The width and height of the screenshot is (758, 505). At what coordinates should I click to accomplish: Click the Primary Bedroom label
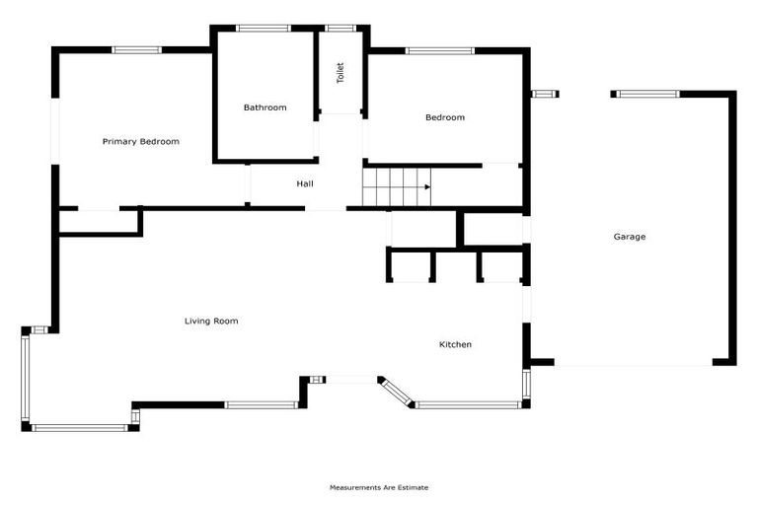point(141,142)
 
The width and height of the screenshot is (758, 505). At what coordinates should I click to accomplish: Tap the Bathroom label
point(265,108)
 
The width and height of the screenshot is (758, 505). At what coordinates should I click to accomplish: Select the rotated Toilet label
point(341,72)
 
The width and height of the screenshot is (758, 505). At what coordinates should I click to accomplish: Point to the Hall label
point(305,183)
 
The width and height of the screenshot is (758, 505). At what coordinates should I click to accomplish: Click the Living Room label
point(211,321)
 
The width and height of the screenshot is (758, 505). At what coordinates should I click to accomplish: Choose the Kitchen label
point(455,344)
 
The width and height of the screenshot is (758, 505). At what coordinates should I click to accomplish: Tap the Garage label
point(630,237)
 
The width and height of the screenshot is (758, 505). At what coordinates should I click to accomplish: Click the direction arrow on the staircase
point(427,186)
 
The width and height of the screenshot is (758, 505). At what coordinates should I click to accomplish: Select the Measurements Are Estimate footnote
point(379,487)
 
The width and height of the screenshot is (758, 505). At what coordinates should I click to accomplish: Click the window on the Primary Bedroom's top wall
point(136,49)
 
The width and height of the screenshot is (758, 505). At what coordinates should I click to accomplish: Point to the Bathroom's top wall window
point(264,28)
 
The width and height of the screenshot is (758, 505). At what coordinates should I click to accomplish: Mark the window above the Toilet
point(341,28)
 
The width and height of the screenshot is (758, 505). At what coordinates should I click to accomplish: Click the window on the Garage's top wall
point(645,94)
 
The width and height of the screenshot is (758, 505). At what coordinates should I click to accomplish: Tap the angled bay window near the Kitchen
point(395,392)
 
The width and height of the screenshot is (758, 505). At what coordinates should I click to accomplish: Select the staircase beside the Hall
point(397,186)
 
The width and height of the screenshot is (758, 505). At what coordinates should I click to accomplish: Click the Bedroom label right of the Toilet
point(444,118)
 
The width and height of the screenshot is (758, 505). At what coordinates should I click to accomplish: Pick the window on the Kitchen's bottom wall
point(468,404)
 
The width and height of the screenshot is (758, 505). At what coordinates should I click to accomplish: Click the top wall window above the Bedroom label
point(439,49)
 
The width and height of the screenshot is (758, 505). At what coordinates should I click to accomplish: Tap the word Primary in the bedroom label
point(119,142)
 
